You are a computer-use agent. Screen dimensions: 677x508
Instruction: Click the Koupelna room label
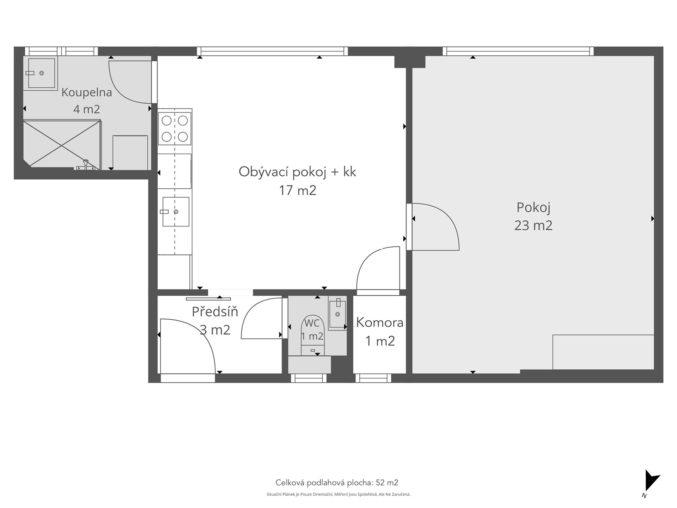tap(87, 92)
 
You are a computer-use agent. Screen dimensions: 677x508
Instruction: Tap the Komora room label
tap(380, 322)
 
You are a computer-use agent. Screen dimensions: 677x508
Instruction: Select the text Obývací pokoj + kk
tap(297, 172)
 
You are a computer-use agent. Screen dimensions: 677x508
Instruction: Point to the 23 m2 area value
tap(533, 225)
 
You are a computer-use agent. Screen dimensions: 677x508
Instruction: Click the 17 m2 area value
tap(298, 190)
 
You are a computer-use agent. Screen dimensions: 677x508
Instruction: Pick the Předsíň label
tap(215, 311)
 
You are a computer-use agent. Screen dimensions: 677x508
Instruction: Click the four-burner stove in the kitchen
tap(175, 128)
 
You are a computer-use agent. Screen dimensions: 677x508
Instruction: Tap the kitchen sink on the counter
tap(176, 212)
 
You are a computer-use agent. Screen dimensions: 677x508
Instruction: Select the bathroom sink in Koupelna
tap(41, 73)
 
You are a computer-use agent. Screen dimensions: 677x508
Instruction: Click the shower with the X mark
tap(62, 144)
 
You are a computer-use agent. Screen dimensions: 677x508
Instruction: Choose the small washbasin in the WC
tap(337, 313)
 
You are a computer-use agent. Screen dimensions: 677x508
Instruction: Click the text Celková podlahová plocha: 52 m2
tap(337, 483)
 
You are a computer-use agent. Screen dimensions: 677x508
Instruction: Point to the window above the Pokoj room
tap(518, 51)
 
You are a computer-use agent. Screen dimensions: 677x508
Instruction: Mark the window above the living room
tap(272, 51)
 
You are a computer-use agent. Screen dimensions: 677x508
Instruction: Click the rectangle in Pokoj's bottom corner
tap(603, 352)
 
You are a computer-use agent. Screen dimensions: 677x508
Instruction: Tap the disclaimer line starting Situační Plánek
tap(338, 495)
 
